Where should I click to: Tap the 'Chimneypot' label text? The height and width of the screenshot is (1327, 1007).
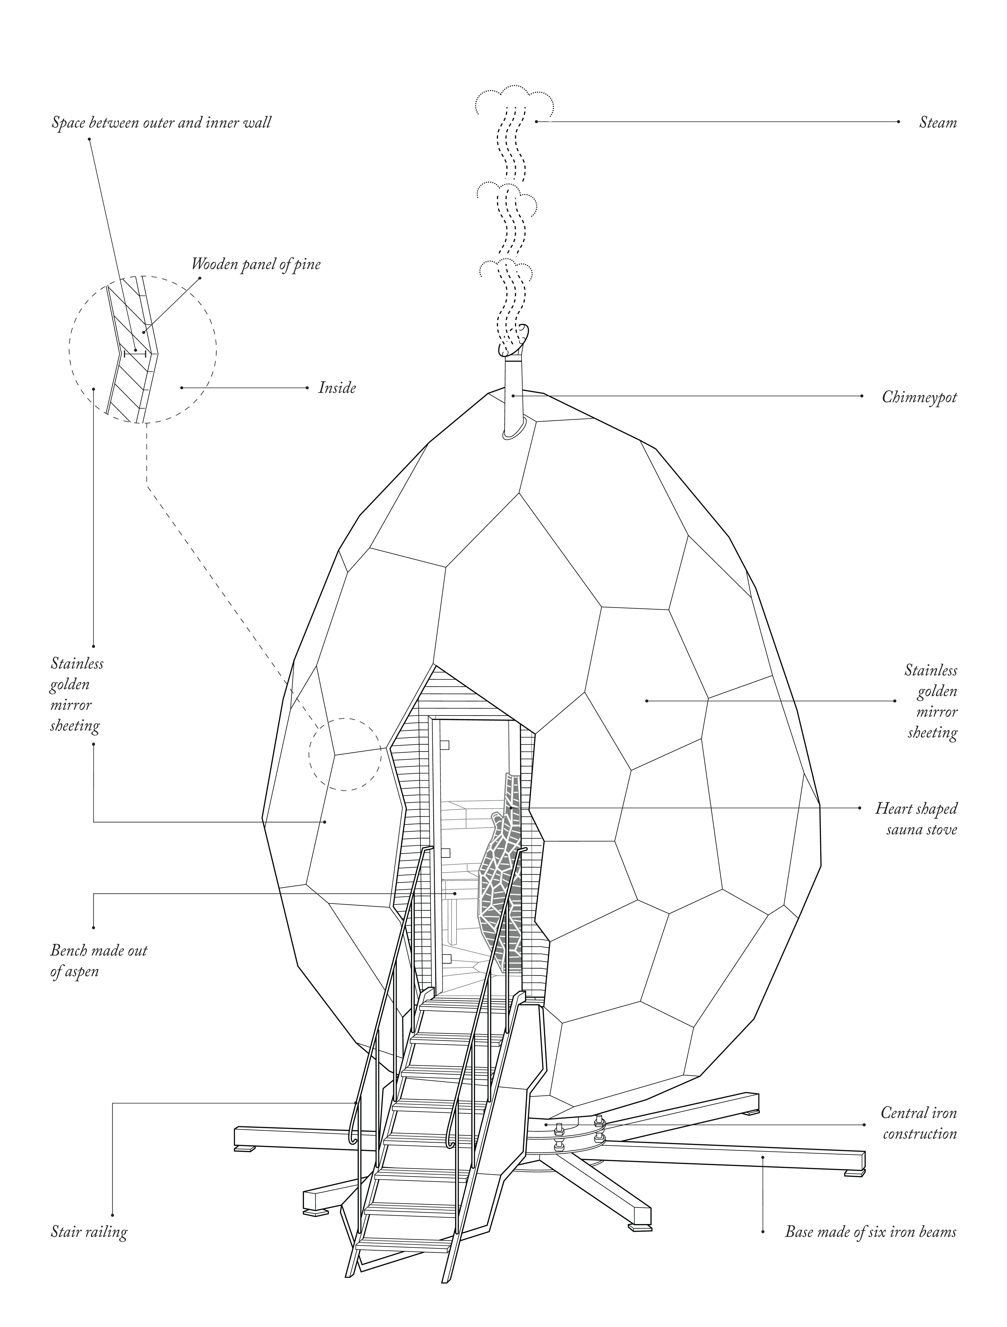919,397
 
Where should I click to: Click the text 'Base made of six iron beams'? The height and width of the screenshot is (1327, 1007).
870,1232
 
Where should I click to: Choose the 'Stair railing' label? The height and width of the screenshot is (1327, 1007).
89,1232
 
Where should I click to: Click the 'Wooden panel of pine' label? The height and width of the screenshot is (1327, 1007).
256,264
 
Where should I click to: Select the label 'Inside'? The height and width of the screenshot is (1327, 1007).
337,388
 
